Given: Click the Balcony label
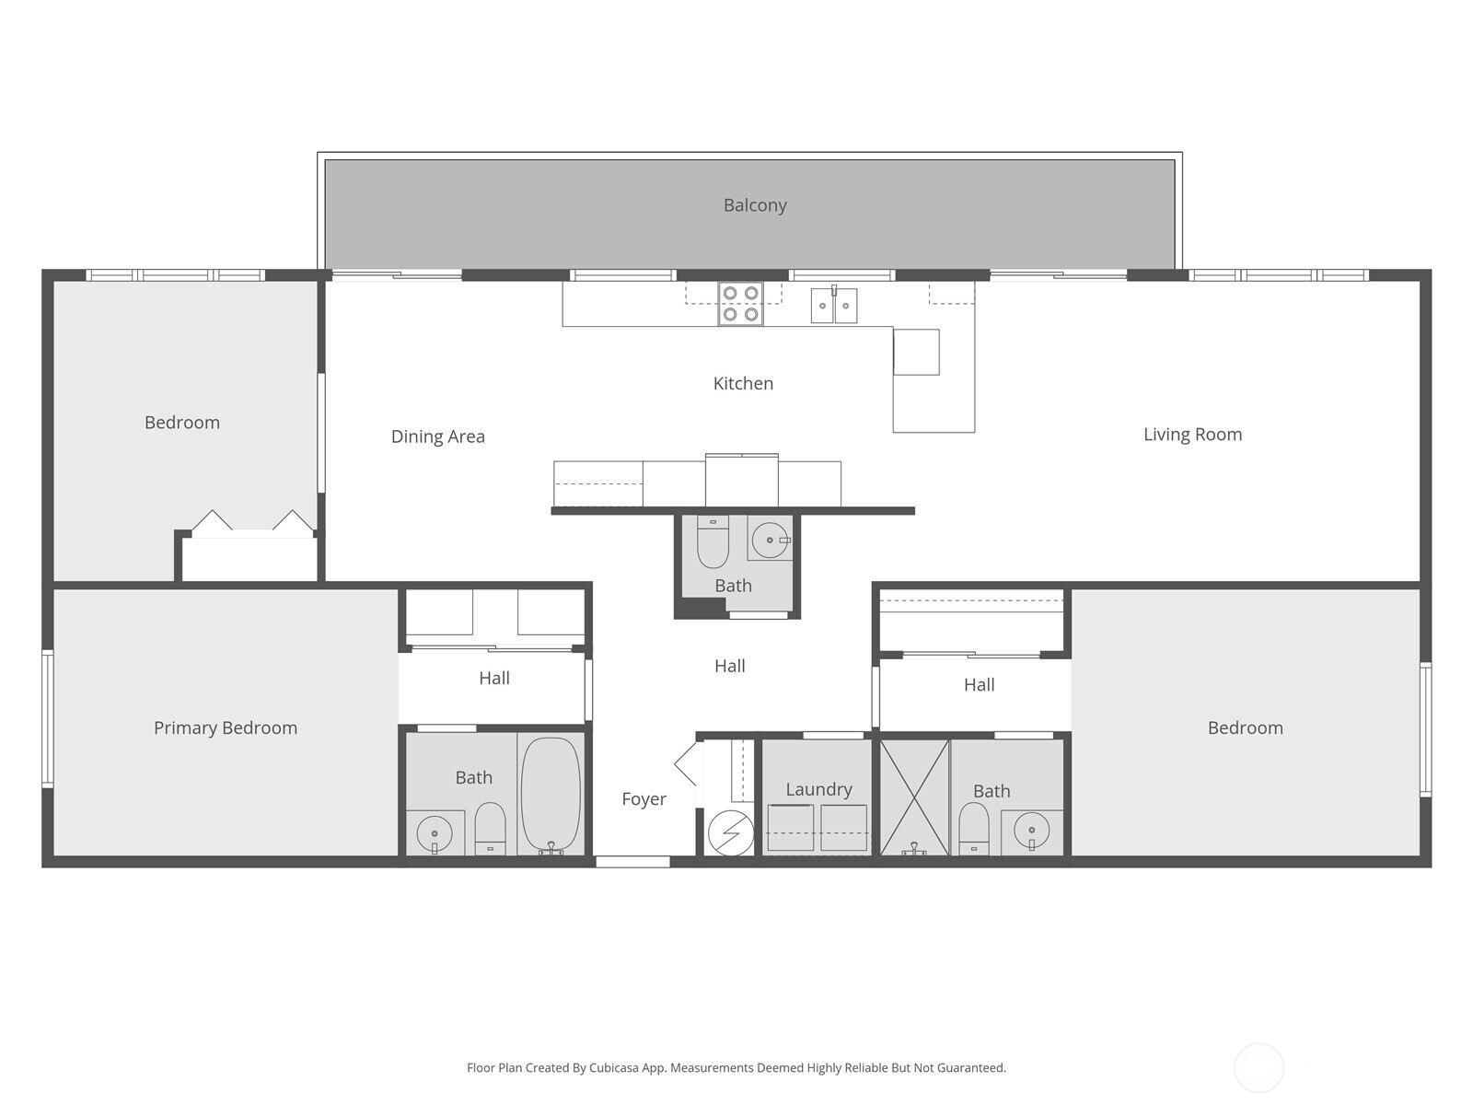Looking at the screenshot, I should [x=755, y=205].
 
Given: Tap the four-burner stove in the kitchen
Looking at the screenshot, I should [x=740, y=304].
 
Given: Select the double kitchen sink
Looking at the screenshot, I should [x=834, y=305].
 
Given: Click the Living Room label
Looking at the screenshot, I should [x=1192, y=435].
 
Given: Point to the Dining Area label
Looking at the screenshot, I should [x=437, y=436].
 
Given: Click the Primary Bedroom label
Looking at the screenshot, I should [x=226, y=728].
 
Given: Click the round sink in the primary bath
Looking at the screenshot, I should [x=435, y=834].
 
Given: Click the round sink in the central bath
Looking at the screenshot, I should [x=769, y=541].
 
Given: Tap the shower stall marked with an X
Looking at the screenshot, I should [x=914, y=797].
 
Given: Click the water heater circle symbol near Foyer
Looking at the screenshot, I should [x=730, y=833].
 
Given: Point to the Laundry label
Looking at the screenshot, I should [x=818, y=789].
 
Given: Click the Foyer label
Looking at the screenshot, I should [x=644, y=799].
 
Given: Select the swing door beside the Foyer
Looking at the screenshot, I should [x=687, y=764].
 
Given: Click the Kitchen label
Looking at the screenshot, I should [x=743, y=384].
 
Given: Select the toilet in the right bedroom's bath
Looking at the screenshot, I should [x=973, y=826].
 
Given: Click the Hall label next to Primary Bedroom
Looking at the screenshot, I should [x=494, y=679].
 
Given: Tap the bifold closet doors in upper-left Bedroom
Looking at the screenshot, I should [x=251, y=522].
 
